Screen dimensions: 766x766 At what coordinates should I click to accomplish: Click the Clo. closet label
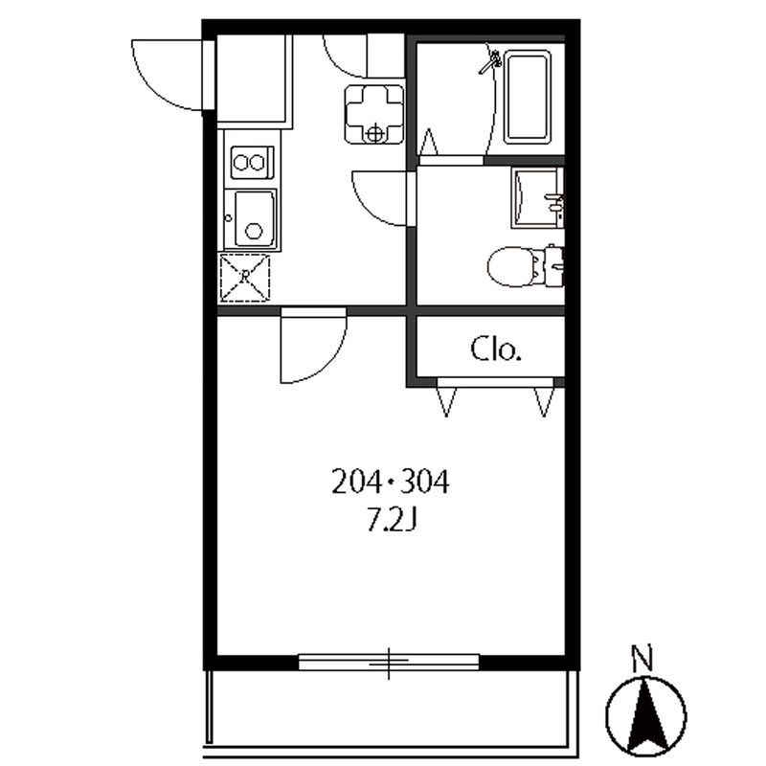tap(496, 349)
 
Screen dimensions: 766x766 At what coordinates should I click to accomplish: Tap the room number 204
tap(356, 482)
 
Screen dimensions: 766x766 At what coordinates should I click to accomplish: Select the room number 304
tap(425, 482)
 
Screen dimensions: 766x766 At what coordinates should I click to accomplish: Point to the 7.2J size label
tap(392, 521)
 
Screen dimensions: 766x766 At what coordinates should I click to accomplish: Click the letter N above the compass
tap(642, 658)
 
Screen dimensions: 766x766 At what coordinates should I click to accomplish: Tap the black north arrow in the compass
tap(644, 716)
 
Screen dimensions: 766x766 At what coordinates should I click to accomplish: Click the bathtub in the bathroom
tap(528, 97)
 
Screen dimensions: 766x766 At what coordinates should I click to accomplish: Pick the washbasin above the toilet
tap(537, 197)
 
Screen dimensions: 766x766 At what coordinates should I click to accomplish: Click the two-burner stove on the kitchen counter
tap(252, 162)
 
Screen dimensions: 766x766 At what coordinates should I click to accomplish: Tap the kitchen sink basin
tap(255, 219)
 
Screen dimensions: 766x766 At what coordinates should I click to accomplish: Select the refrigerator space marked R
tap(245, 278)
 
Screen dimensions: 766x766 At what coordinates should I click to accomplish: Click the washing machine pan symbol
tap(374, 114)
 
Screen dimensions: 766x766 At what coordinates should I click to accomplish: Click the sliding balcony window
tap(389, 662)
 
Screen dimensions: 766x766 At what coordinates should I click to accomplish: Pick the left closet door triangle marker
tap(446, 401)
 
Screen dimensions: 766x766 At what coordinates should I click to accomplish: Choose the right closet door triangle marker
tap(544, 401)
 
